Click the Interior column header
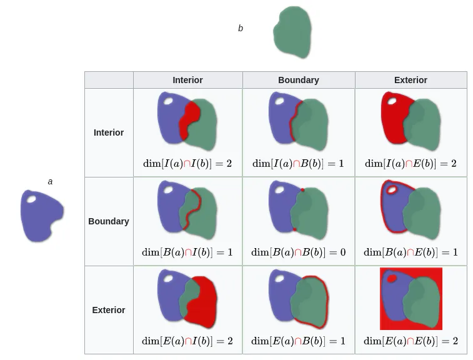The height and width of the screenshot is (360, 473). (x=187, y=80)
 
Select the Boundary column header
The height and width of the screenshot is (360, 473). (x=298, y=80)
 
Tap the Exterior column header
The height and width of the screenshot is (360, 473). (x=411, y=80)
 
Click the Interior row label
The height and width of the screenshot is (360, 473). (x=109, y=132)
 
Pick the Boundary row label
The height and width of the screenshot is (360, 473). (x=109, y=221)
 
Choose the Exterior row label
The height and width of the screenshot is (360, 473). (x=109, y=310)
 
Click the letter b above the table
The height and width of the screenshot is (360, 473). (x=241, y=28)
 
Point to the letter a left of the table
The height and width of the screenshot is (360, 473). (x=51, y=181)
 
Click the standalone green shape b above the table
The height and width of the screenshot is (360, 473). (x=292, y=32)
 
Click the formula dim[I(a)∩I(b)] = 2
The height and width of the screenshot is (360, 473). (x=187, y=164)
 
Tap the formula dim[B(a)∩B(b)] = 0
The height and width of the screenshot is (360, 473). (x=298, y=252)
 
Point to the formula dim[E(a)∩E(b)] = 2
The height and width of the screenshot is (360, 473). (x=411, y=341)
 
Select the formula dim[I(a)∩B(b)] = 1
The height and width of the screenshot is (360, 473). (x=298, y=164)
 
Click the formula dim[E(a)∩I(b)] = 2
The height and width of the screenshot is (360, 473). (x=187, y=341)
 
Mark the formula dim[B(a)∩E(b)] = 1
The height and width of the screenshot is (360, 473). (x=411, y=252)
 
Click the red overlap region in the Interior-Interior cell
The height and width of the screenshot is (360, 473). (x=190, y=119)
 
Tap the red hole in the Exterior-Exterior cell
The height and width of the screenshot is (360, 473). (x=392, y=278)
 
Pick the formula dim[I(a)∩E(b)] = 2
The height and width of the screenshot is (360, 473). (x=411, y=164)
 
